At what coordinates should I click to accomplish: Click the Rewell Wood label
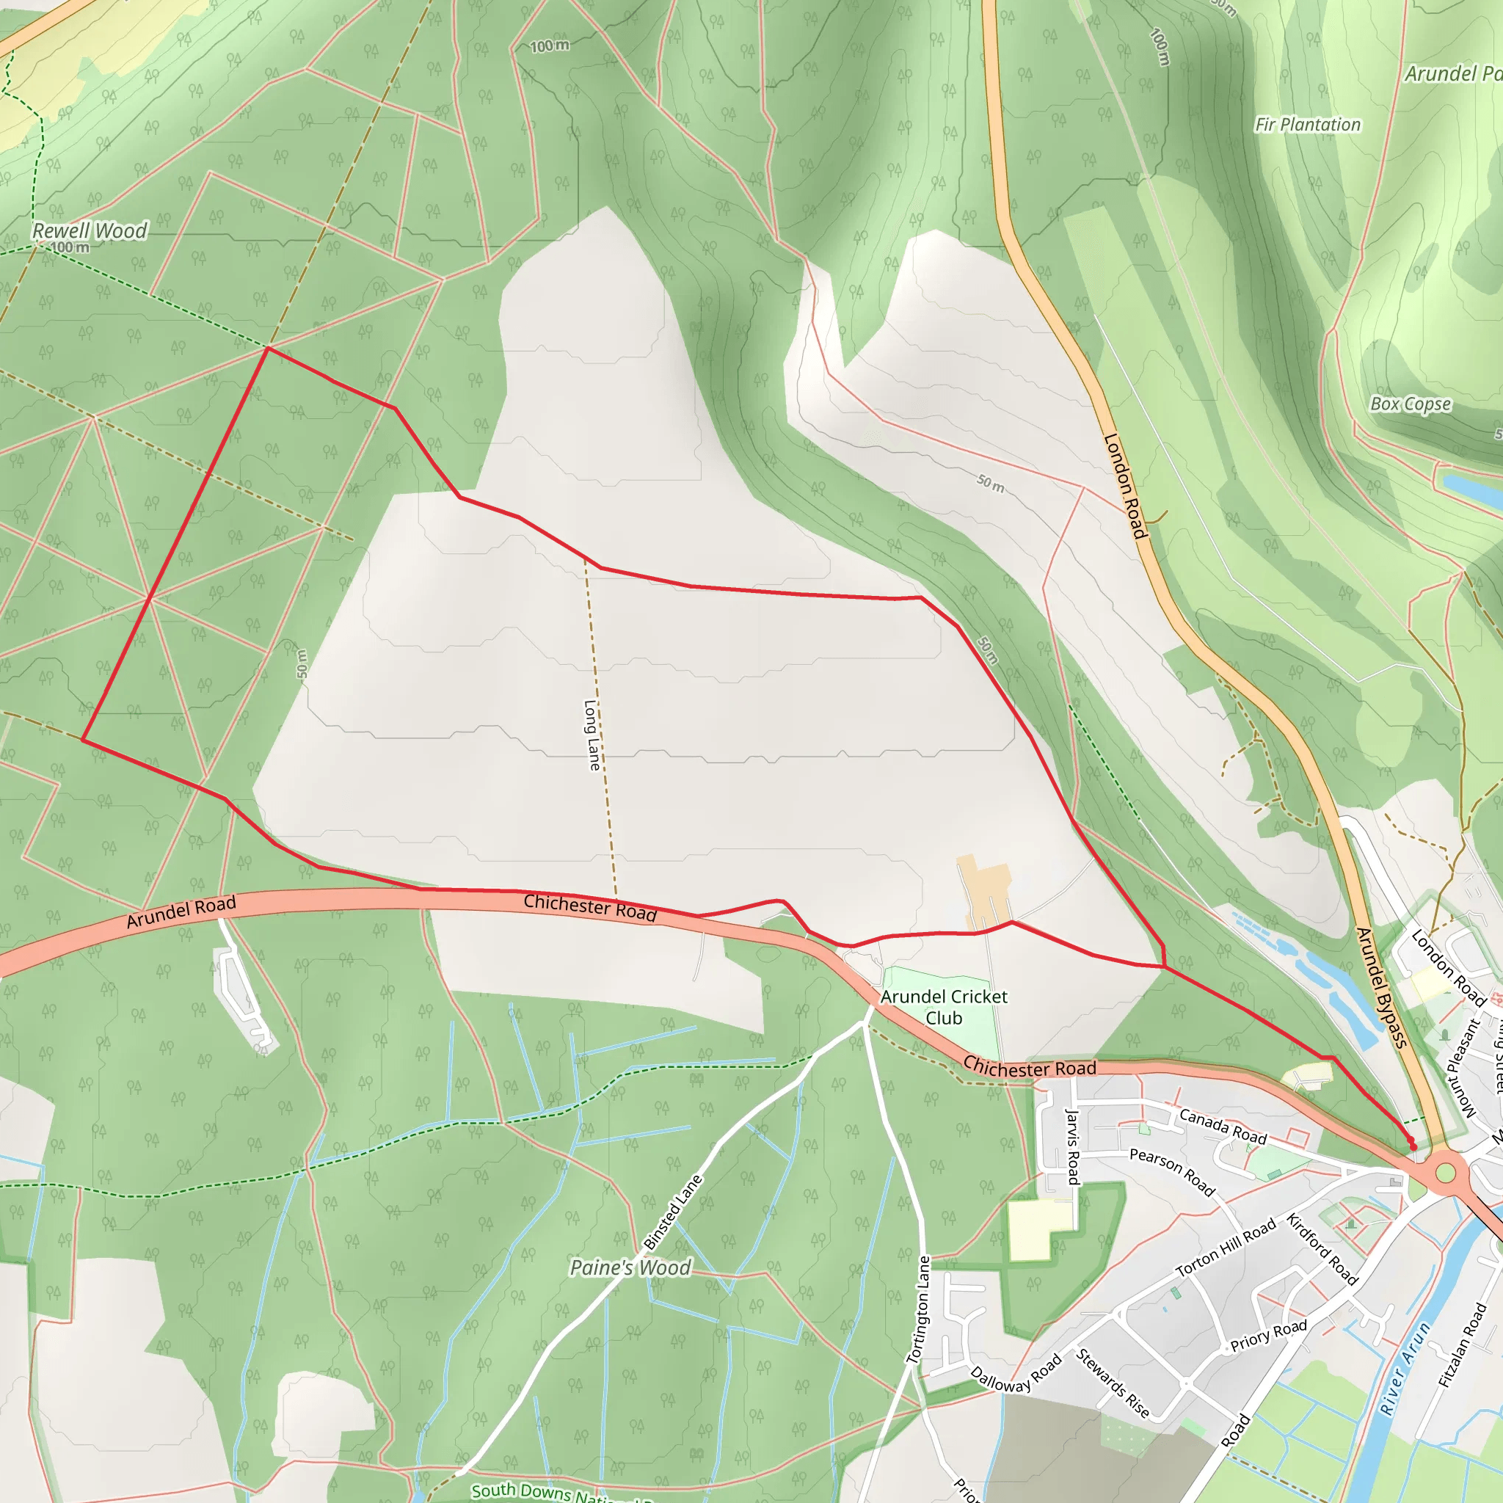coord(90,230)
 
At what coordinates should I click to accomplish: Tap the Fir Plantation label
coord(1308,125)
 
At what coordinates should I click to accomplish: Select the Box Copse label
coord(1411,404)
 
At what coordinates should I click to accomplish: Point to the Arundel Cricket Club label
coord(944,1007)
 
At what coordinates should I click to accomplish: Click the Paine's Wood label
coord(630,1267)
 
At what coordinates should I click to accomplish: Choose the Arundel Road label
coord(181,911)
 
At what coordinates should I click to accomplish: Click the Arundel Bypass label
coord(1382,987)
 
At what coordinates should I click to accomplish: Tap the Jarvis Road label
coord(1073,1147)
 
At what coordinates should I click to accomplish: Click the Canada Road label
coord(1223,1127)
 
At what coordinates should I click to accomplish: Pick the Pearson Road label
coord(1172,1171)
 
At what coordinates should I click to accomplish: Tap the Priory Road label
coord(1269,1334)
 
